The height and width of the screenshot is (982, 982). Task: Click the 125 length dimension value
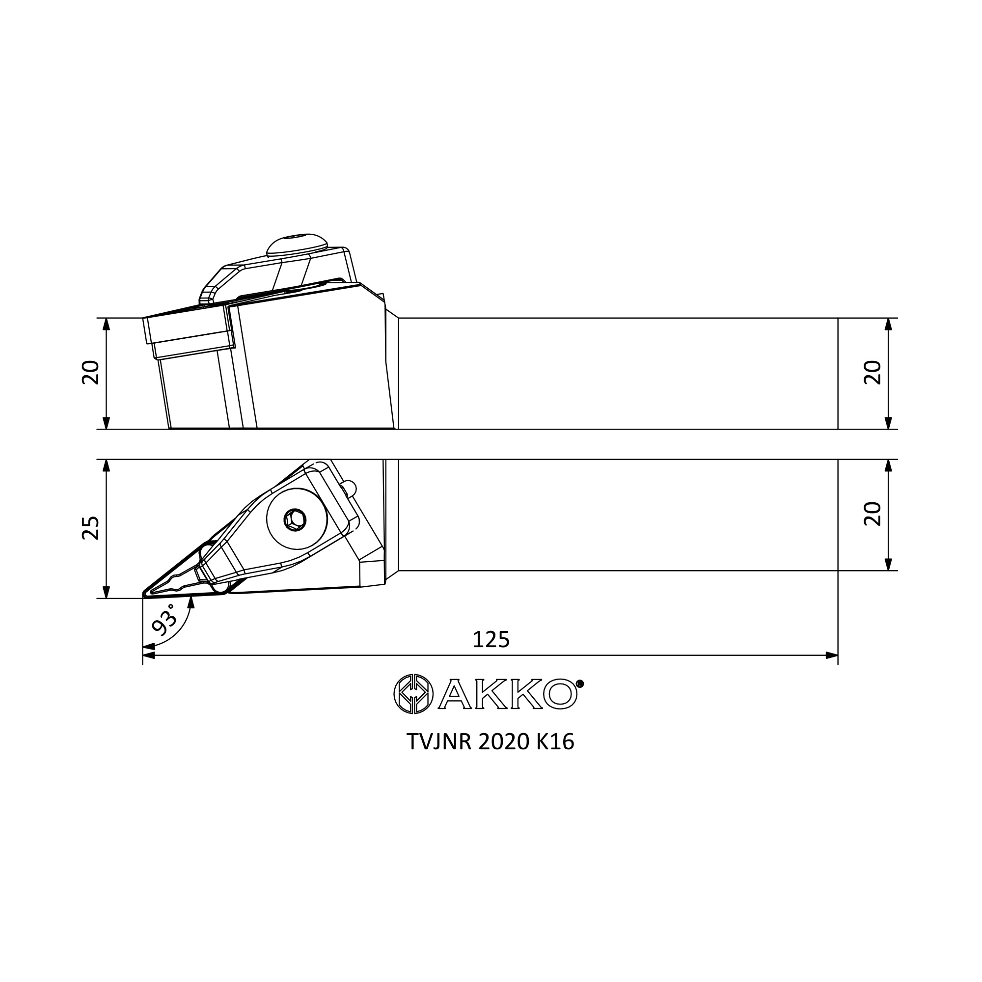[x=491, y=639]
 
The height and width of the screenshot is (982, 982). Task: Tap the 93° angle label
[x=164, y=620]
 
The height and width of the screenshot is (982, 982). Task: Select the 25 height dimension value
[x=90, y=528]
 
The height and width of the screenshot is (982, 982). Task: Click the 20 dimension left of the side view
[x=90, y=373]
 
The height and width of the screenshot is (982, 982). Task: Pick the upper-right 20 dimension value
[x=873, y=373]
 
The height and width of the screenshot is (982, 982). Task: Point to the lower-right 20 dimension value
[x=873, y=514]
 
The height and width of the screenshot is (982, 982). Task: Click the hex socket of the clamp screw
[x=295, y=519]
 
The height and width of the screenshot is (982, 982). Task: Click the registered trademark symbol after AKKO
[x=580, y=683]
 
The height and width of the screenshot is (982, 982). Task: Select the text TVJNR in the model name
[x=439, y=742]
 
